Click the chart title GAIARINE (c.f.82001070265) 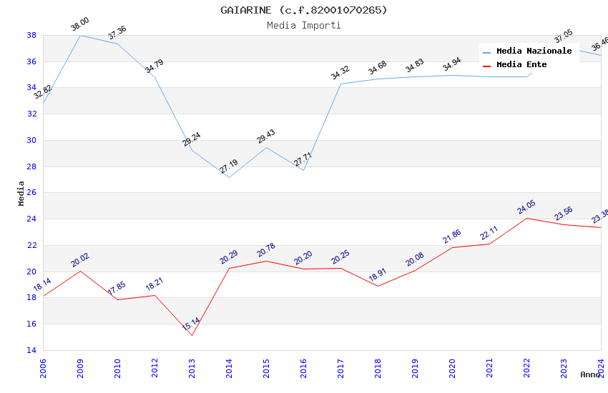[x=304, y=10]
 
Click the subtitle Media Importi [x=304, y=25]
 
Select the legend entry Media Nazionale [x=534, y=51]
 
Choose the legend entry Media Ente [x=521, y=64]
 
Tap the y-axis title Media [x=21, y=193]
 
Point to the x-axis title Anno [x=590, y=374]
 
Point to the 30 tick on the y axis [x=31, y=140]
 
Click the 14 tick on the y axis [x=31, y=350]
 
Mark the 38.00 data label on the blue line [x=80, y=26]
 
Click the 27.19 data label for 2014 [x=229, y=166]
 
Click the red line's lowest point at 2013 [x=192, y=335]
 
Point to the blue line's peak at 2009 [x=80, y=35]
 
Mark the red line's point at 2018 [x=378, y=286]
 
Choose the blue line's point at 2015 [x=266, y=147]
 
